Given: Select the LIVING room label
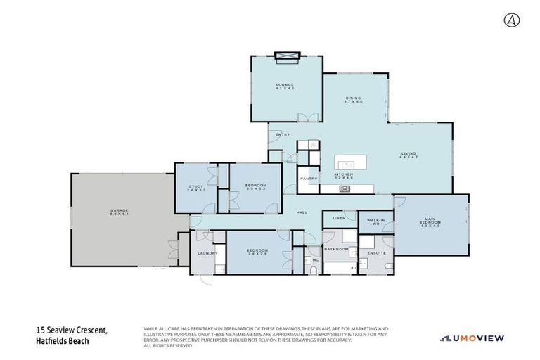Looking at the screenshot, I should point(409,154).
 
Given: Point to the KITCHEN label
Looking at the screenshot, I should point(342,174).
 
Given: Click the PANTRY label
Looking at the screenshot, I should point(309,179).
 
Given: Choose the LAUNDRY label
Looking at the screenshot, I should point(207,253).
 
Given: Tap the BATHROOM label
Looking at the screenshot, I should point(335,249).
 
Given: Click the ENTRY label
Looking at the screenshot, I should point(283,134).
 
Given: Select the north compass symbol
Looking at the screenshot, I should point(511,20).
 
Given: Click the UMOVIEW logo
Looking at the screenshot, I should point(472,338).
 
